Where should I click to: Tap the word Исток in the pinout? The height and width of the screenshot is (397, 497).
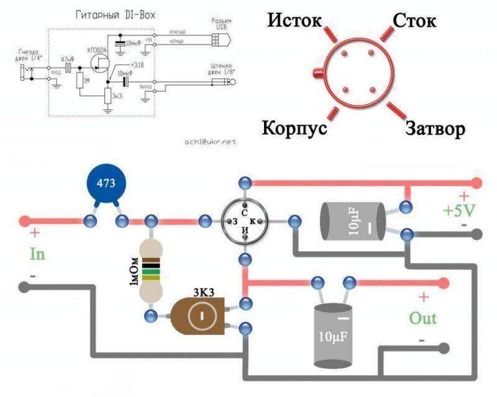click(x=294, y=20)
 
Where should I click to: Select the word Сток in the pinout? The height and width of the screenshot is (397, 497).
click(x=414, y=20)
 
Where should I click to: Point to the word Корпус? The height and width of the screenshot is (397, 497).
click(x=293, y=128)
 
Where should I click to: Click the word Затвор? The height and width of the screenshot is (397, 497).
click(x=435, y=129)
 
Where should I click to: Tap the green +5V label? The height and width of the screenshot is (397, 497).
click(x=458, y=210)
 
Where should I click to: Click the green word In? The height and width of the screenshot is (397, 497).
click(x=37, y=254)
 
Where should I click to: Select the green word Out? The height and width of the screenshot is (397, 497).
click(x=422, y=318)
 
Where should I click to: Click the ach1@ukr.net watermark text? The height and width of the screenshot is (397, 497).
click(x=211, y=141)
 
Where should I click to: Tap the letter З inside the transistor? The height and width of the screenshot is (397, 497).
click(x=234, y=221)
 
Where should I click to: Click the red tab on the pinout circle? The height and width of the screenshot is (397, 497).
click(x=318, y=75)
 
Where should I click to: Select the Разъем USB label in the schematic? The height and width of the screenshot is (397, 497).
click(x=221, y=24)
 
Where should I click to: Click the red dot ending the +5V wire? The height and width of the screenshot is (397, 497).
click(x=476, y=183)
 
